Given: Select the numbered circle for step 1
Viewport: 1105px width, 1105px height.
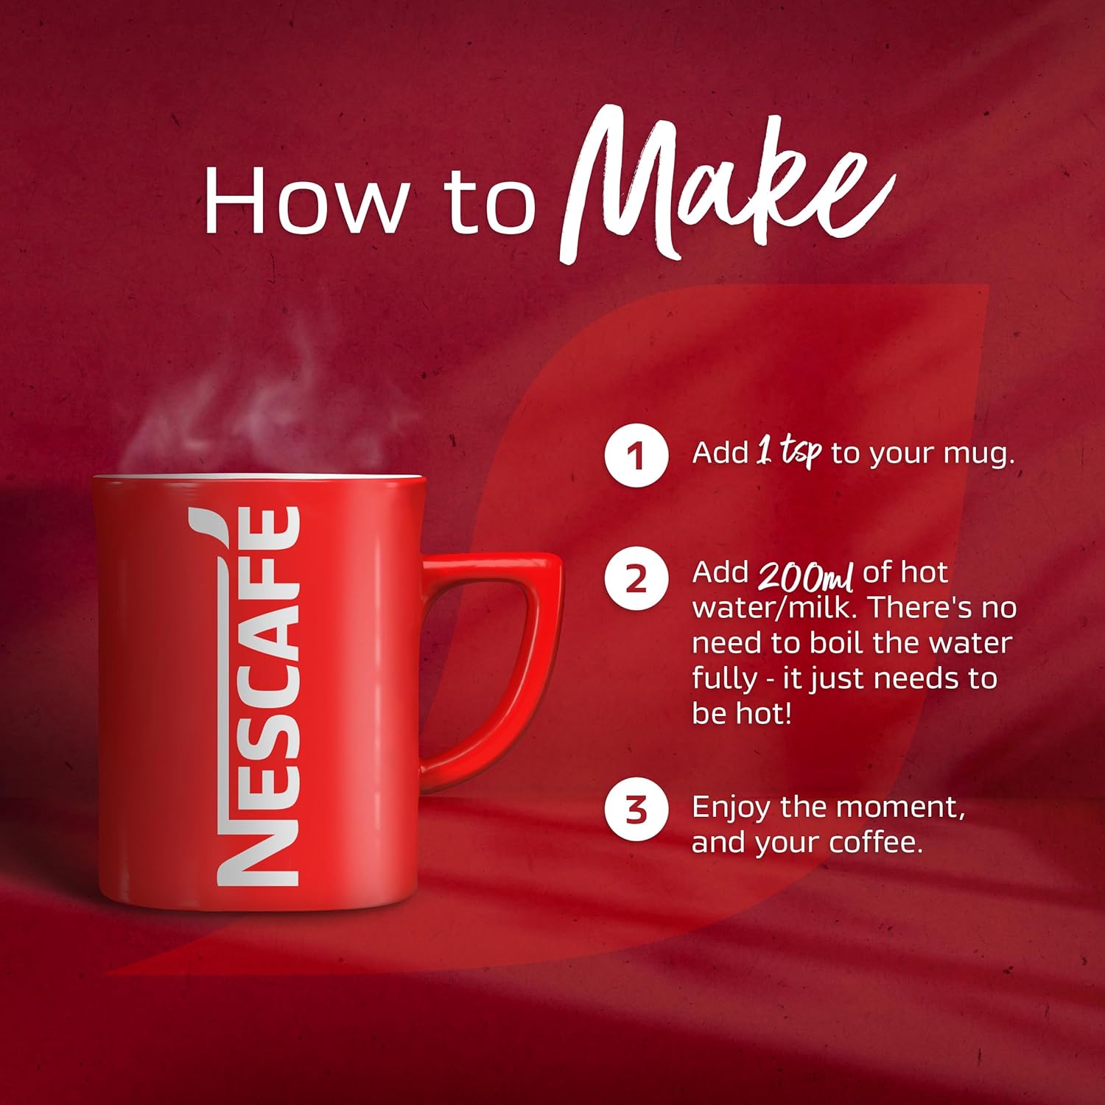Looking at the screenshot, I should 636,455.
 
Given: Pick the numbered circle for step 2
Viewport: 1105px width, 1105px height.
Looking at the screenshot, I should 636,578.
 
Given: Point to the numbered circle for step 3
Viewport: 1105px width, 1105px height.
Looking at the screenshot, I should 636,810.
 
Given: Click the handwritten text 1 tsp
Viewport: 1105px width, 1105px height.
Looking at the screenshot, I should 789,452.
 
